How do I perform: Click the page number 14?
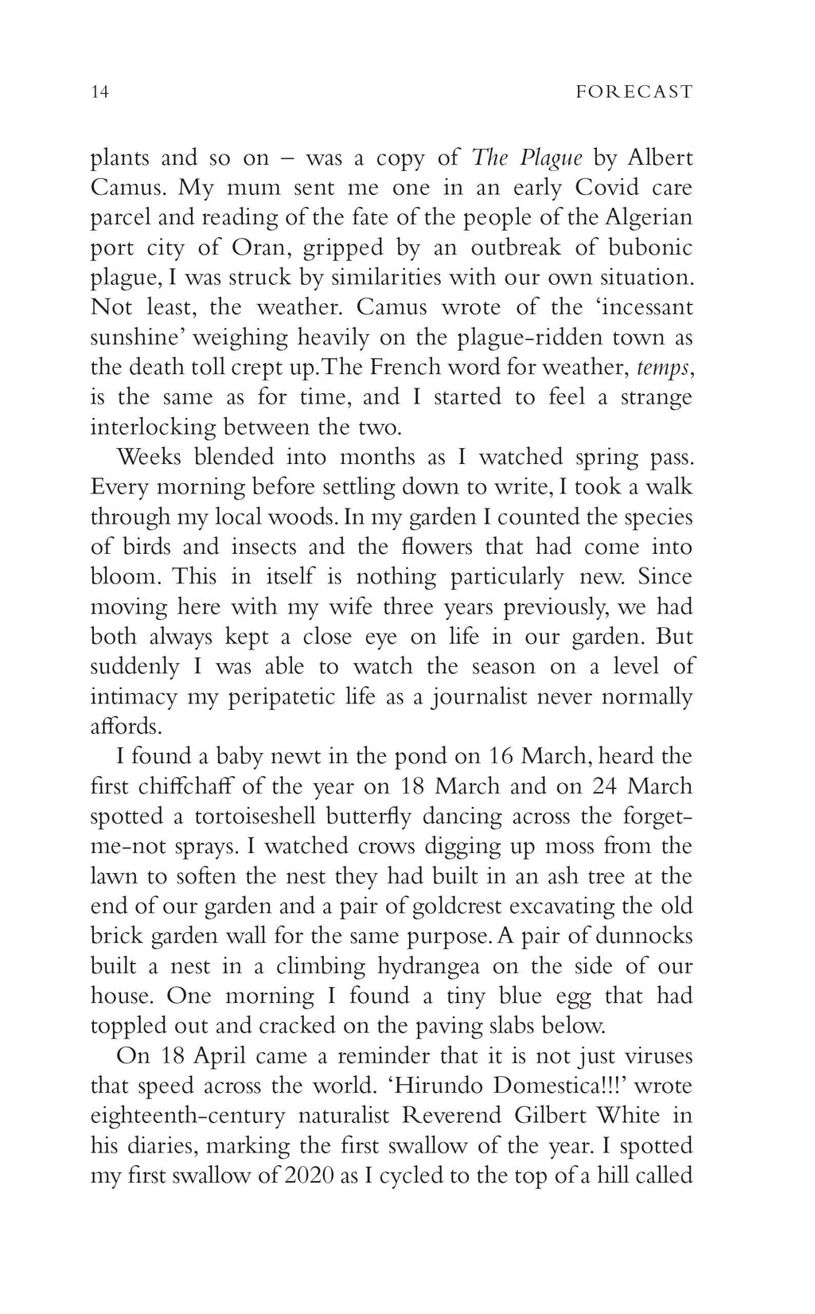tap(99, 92)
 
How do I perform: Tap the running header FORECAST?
tap(634, 92)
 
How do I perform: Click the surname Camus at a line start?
tap(126, 188)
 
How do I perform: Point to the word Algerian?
tap(649, 217)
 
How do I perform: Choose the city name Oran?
tap(263, 248)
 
